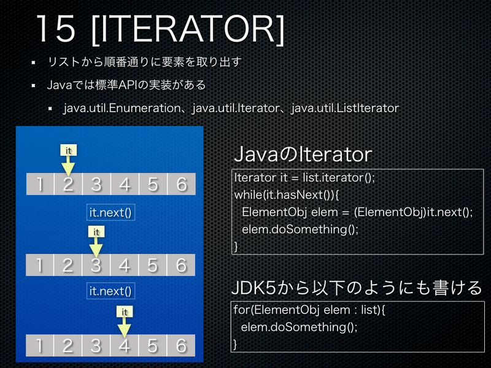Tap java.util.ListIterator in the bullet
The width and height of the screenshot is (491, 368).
[x=345, y=108]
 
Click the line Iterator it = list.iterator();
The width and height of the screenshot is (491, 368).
[x=304, y=178]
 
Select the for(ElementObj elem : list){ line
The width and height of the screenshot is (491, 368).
[x=309, y=310]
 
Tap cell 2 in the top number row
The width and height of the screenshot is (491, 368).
[x=68, y=184]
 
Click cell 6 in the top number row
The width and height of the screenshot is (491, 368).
[x=180, y=184]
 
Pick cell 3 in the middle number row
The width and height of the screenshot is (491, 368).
[x=96, y=265]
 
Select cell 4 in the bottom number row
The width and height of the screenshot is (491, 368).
[x=124, y=345]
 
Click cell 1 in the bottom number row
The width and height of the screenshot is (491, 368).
[x=39, y=345]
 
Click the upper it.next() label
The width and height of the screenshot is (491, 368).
[x=111, y=213]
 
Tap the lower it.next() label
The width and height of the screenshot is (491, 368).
[x=111, y=290]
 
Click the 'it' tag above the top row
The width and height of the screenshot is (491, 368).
[x=69, y=150]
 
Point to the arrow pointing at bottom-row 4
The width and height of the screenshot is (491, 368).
[x=124, y=328]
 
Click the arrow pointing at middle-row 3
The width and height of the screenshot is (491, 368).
[x=96, y=247]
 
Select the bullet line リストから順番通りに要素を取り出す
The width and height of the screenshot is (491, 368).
[x=144, y=63]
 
